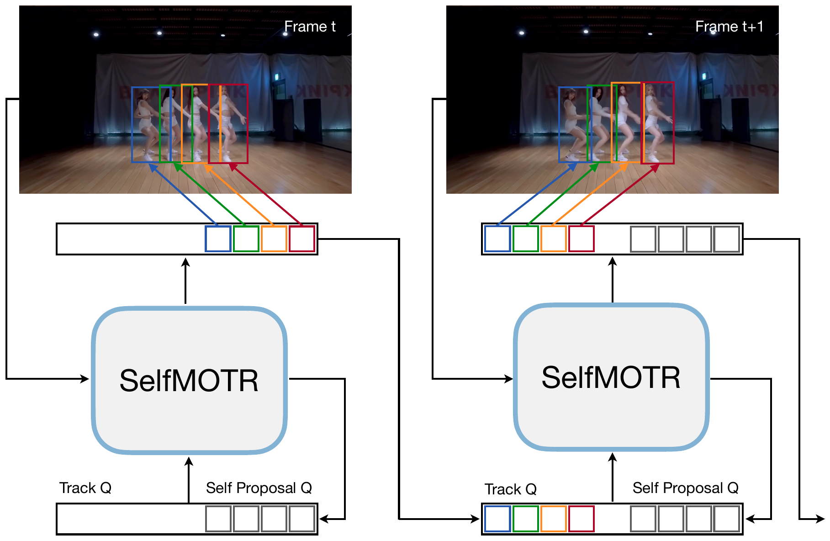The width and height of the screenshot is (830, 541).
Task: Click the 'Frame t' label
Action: tap(310, 27)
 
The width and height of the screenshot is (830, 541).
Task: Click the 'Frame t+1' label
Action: tap(729, 27)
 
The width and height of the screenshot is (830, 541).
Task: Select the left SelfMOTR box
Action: tap(189, 380)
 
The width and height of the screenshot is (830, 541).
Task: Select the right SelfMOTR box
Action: tap(611, 377)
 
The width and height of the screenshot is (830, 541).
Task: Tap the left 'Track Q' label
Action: tap(85, 488)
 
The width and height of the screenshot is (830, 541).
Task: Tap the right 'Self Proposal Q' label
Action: tap(685, 488)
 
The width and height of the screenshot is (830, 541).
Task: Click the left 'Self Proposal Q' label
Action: tap(259, 488)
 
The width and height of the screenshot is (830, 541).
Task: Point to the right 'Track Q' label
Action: tap(510, 489)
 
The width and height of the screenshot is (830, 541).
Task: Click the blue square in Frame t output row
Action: tap(218, 239)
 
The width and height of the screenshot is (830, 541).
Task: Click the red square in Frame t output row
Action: tap(302, 239)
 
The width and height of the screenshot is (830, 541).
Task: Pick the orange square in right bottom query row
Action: tap(553, 519)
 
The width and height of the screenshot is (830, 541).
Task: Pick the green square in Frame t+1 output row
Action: tap(525, 239)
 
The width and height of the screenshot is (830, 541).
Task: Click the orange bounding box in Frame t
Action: tap(182, 123)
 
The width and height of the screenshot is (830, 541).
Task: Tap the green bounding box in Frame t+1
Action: tap(588, 123)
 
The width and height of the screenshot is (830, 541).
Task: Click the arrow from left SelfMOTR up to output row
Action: tap(185, 281)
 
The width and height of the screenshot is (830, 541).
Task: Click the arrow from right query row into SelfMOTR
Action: tap(613, 477)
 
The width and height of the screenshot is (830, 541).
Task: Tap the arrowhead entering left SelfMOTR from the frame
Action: tap(85, 379)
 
